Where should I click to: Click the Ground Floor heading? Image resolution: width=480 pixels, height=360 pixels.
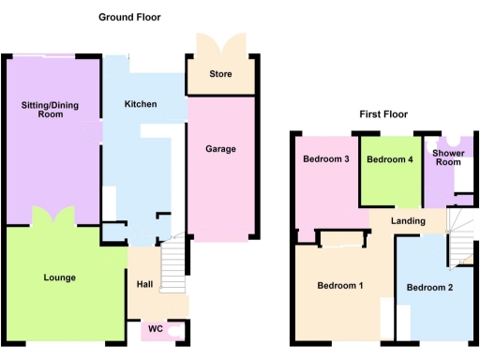click(x=129, y=17)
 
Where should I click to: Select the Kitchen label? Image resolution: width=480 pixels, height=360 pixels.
click(x=141, y=104)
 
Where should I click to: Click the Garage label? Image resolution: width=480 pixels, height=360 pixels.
click(x=221, y=149)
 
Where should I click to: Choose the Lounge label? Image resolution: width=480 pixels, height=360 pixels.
click(x=59, y=277)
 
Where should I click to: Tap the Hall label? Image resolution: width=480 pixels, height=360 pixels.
click(x=144, y=284)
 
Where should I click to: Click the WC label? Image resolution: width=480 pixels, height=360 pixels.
click(x=155, y=329)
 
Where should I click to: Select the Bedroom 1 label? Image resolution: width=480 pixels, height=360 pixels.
click(x=339, y=286)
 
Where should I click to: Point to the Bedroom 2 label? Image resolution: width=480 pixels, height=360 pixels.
click(x=431, y=287)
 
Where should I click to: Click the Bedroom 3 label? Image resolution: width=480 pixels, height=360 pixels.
click(x=325, y=159)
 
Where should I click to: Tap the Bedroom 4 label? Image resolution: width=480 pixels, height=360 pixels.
click(x=389, y=160)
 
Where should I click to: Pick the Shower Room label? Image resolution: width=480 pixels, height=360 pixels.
click(x=448, y=156)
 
